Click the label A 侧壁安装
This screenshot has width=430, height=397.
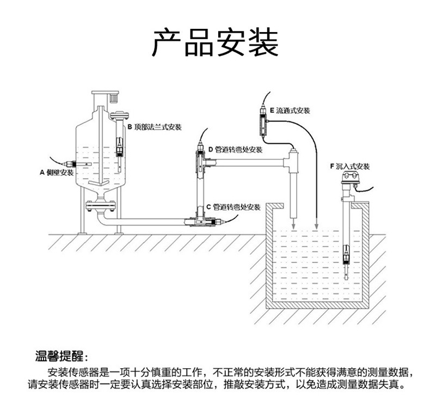coord(57,173)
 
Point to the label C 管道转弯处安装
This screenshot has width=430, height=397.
coord(234,207)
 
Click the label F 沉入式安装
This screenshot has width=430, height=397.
coord(349,166)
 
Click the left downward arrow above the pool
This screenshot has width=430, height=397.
coord(294,223)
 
